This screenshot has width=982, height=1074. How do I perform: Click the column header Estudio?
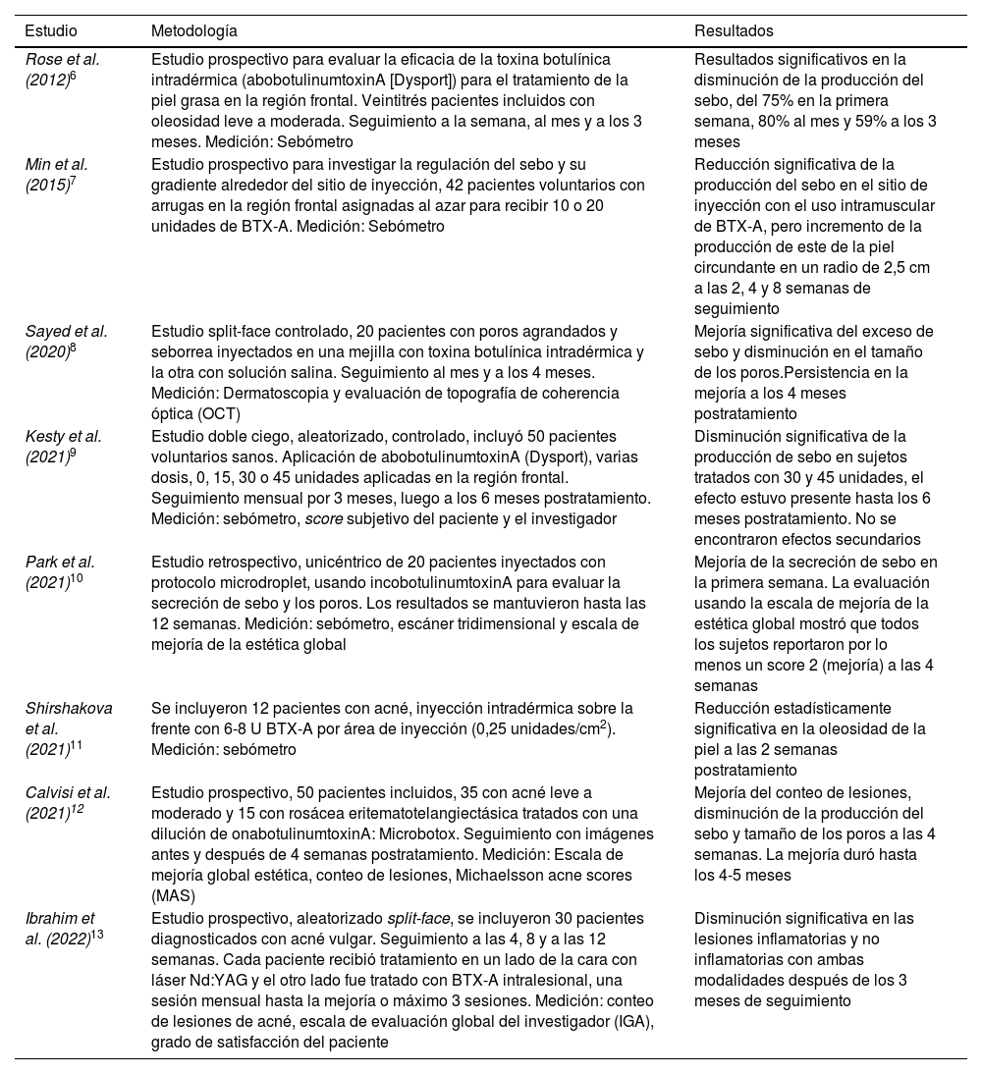tap(51, 31)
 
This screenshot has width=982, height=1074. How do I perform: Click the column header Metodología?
tap(194, 31)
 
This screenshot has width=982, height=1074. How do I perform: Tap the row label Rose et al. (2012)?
tap(63, 69)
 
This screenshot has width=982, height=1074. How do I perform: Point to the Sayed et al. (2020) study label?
tap(66, 342)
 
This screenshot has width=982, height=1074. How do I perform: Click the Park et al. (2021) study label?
tap(62, 572)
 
